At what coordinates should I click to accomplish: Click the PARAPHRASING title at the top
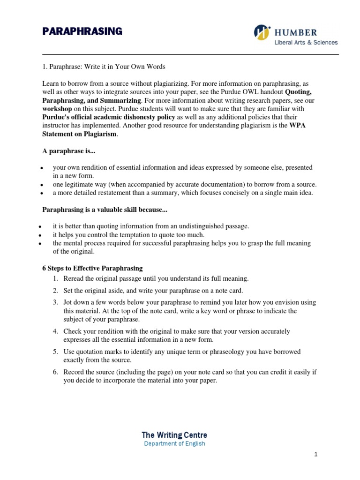[x=82, y=31]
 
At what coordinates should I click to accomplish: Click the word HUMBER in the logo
[x=296, y=32]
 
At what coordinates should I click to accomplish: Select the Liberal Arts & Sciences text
[x=306, y=43]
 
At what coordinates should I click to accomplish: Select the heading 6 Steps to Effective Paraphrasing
[x=92, y=269]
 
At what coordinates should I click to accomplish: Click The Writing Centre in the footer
[x=174, y=435]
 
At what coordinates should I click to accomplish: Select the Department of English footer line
[x=174, y=443]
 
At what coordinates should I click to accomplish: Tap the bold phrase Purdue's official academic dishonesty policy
[x=109, y=117]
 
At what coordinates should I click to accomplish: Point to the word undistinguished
[x=193, y=226]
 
